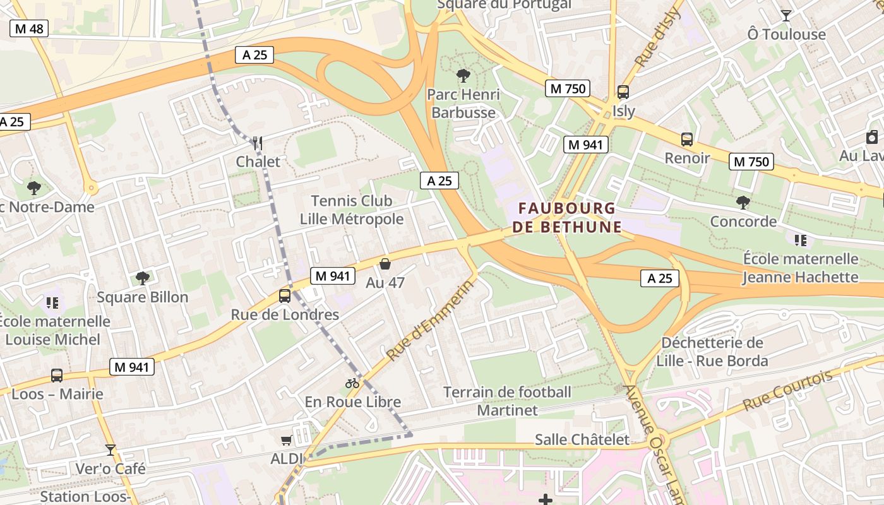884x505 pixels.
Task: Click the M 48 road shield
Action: [x=29, y=29]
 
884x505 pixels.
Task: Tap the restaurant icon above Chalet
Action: [x=257, y=143]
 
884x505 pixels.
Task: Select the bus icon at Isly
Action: [x=623, y=92]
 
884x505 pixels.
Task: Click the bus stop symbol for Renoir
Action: [x=686, y=140]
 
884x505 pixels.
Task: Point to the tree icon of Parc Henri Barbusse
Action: [x=463, y=76]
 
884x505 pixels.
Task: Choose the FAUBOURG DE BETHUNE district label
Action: [x=566, y=217]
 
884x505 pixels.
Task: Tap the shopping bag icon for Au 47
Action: [x=385, y=264]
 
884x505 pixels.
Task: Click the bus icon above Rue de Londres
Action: [x=285, y=295]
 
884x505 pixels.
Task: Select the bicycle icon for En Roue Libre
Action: [x=352, y=383]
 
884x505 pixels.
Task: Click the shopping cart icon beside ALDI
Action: [x=287, y=440]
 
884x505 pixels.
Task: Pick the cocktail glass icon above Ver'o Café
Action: [x=110, y=450]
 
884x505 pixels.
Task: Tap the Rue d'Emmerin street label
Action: [x=429, y=321]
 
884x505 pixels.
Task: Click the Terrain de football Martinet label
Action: [x=507, y=401]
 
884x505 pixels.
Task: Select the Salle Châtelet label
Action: [x=582, y=439]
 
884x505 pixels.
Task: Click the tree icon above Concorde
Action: [x=743, y=203]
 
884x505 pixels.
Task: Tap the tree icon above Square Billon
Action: [x=143, y=278]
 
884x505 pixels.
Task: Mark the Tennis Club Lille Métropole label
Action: [x=352, y=210]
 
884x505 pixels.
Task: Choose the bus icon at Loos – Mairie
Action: [x=57, y=376]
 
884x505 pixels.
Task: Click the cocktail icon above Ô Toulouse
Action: [x=786, y=15]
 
